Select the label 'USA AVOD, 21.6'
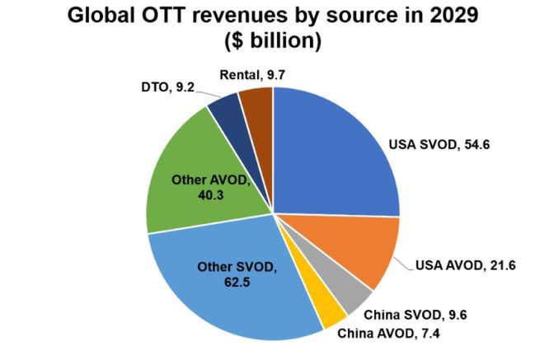tap(457, 265)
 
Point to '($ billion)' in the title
tap(270, 40)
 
